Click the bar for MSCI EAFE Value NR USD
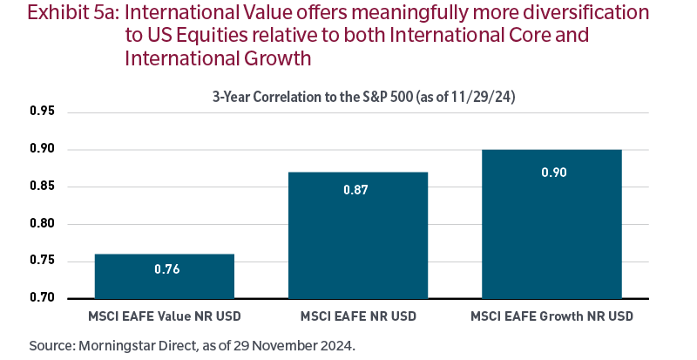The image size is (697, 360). point(164,276)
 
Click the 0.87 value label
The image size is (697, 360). point(357,187)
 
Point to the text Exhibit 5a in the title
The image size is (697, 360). point(51,14)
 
